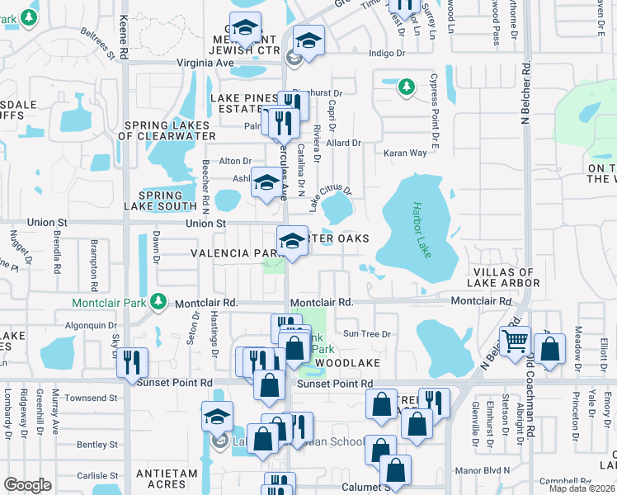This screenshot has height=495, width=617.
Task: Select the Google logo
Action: [27, 485]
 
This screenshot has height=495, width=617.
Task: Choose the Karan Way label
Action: [405, 153]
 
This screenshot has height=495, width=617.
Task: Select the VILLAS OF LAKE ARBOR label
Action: [505, 277]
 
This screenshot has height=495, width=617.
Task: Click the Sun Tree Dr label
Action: [366, 334]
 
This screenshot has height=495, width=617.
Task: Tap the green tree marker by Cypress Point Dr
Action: [405, 86]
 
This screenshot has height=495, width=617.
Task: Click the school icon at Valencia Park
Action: [292, 241]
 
